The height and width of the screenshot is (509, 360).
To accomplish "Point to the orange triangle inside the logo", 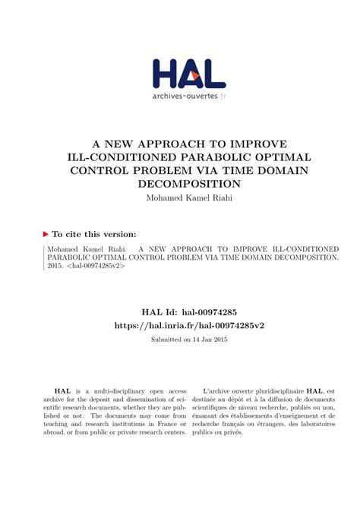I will tap(196, 76).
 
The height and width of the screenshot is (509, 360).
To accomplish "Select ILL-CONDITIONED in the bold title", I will tap(114, 156).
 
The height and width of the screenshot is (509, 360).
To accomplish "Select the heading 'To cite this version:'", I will tap(94, 236).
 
